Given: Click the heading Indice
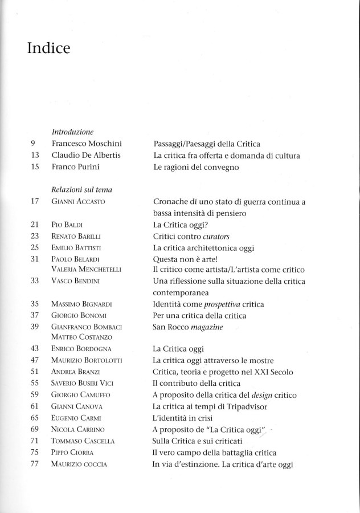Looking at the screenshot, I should coord(48,49).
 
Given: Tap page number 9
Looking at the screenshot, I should coord(35,145).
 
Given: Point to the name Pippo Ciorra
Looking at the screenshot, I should coord(71,453).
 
